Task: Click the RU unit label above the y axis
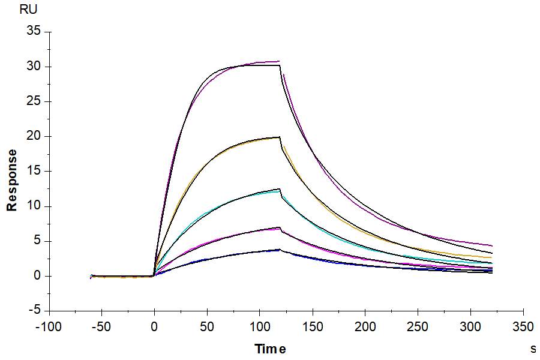pyautogui.click(x=29, y=10)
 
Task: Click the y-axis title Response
pyautogui.click(x=11, y=180)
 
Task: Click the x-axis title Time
pyautogui.click(x=270, y=349)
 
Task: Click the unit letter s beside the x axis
pyautogui.click(x=533, y=348)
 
